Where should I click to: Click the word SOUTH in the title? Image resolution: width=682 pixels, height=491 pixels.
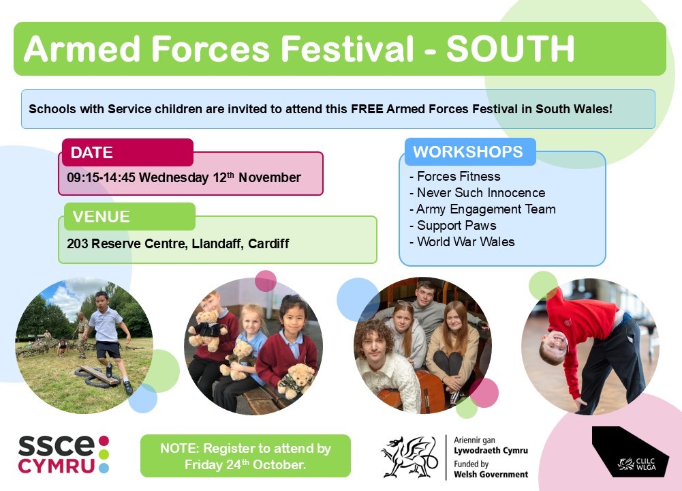coord(510,48)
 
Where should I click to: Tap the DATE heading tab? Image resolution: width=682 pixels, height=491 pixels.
coord(127,152)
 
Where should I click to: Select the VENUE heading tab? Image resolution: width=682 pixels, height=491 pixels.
coord(129,216)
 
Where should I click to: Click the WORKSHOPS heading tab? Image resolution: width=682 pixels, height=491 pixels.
coord(470,151)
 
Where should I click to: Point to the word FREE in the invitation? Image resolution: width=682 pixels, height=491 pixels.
coord(367,109)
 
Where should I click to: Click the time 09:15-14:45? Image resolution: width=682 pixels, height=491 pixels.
coord(101,177)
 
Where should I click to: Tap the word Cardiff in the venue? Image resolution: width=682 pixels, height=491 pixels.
coord(268,243)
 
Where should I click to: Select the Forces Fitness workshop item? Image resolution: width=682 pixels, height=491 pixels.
coord(455,177)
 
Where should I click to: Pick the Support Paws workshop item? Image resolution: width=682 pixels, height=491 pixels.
coord(453,226)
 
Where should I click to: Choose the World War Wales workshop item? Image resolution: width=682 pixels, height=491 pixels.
coord(462,241)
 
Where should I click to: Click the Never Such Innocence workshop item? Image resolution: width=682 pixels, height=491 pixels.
coord(477,192)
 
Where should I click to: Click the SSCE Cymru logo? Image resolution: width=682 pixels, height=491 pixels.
coord(63,454)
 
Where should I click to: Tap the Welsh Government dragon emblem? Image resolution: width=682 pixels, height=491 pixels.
coord(409,457)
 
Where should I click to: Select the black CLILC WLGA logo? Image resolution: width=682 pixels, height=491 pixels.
coord(630,451)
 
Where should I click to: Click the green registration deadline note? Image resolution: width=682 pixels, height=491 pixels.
coord(245,456)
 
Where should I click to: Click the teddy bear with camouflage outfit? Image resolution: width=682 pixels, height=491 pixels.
coord(296,380)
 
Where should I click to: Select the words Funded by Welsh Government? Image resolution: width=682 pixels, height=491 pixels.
coord(491,469)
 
